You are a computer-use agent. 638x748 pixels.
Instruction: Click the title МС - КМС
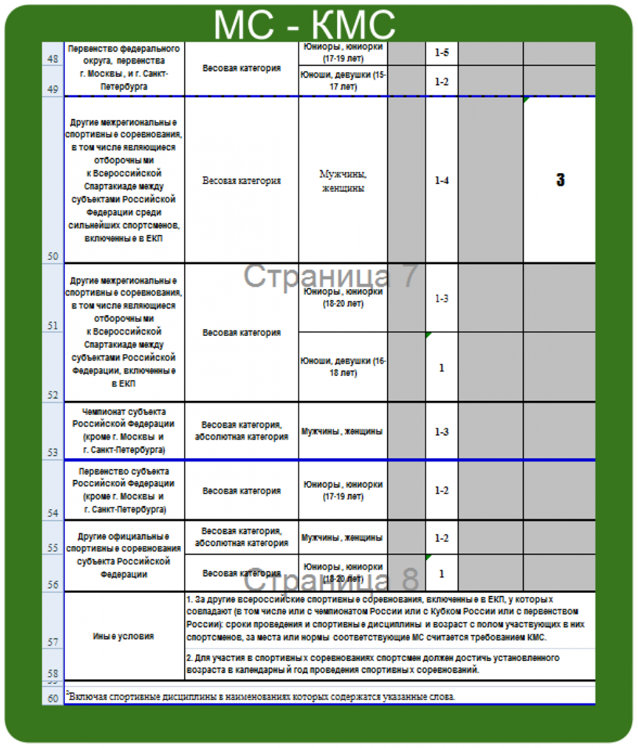(x=304, y=24)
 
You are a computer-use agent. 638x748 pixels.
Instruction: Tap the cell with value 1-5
(x=441, y=53)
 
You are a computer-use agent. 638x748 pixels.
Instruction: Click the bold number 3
(x=560, y=180)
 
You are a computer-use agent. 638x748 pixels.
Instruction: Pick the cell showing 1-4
(x=441, y=180)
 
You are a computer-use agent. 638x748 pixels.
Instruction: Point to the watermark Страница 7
(x=330, y=275)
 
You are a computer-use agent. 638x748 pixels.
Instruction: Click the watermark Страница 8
(x=331, y=580)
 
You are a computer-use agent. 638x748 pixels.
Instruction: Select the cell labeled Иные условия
(x=124, y=636)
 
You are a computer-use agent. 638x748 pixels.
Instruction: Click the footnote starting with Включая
(x=262, y=696)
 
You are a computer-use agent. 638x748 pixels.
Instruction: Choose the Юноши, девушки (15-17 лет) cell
(x=343, y=80)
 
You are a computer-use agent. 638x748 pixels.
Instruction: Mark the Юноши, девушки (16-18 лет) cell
(x=343, y=367)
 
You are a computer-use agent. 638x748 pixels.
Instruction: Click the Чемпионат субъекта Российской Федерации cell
(x=124, y=430)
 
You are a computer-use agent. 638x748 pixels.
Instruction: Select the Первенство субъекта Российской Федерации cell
(x=124, y=490)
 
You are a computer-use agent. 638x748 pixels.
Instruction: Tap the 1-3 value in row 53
(x=441, y=432)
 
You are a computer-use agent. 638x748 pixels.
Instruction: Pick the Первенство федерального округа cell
(x=124, y=68)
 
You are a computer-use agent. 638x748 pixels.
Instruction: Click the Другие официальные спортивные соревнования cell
(x=124, y=555)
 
